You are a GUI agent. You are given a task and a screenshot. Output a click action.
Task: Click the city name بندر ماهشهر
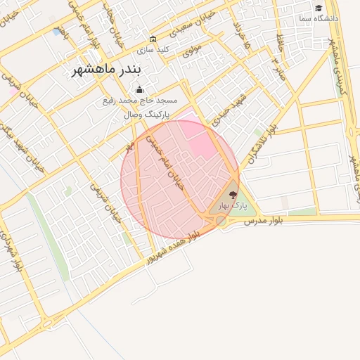coord(107,71)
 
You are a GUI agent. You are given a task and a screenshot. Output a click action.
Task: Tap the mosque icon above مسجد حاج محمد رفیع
coord(139,89)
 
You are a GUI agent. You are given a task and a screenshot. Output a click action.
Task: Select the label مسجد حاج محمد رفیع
coord(139,101)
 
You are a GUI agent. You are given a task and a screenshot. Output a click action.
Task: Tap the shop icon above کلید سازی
coord(153,39)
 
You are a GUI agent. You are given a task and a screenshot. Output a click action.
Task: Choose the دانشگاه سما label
coord(317,18)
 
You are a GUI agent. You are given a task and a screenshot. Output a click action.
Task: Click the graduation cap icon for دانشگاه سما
coord(319,8)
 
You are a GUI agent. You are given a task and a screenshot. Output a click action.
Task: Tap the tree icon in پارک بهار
coord(233,195)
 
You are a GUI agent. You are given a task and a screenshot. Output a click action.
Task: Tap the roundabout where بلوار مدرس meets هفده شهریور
coord(221,221)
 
